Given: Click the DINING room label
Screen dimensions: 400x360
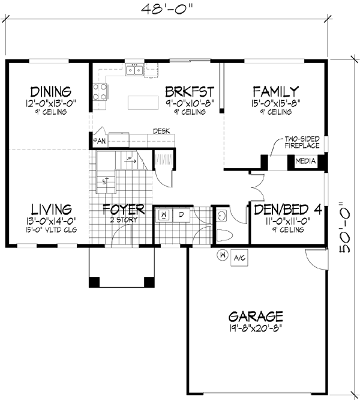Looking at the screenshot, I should click(51, 92).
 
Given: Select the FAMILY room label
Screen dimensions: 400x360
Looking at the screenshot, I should click(275, 92).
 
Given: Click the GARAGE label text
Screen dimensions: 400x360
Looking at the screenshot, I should click(256, 316).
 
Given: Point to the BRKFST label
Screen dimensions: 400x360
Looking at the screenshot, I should click(190, 92).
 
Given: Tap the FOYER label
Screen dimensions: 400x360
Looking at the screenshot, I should click(123, 209).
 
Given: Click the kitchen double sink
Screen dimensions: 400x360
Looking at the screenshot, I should click(134, 71).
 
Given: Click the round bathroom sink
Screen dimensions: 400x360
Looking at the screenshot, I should click(222, 214).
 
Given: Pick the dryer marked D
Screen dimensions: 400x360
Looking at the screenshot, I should click(181, 214).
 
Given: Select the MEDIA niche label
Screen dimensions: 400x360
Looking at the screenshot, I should click(305, 160).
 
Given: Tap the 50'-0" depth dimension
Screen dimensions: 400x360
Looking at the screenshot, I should click(346, 227).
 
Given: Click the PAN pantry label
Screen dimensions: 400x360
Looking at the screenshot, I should click(99, 142).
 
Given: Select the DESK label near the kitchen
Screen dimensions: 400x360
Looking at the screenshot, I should click(160, 130).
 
